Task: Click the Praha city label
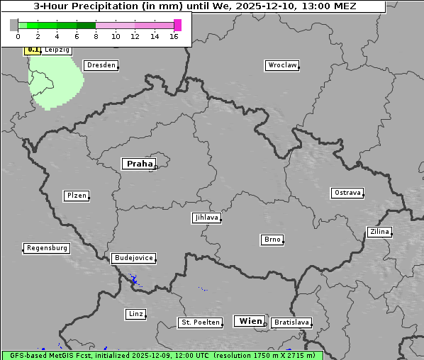pyautogui.click(x=139, y=164)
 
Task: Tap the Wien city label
pyautogui.click(x=250, y=321)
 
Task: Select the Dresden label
pyautogui.click(x=101, y=65)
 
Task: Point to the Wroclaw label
pyautogui.click(x=281, y=65)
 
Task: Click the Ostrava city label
pyautogui.click(x=347, y=193)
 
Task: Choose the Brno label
pyautogui.click(x=272, y=240)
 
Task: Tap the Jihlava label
pyautogui.click(x=206, y=218)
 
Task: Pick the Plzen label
pyautogui.click(x=76, y=196)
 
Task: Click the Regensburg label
pyautogui.click(x=47, y=248)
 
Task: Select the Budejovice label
pyautogui.click(x=133, y=258)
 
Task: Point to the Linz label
pyautogui.click(x=135, y=314)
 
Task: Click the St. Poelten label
pyautogui.click(x=201, y=322)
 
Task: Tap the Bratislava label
pyautogui.click(x=291, y=322)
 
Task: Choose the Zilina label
pyautogui.click(x=379, y=232)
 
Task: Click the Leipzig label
pyautogui.click(x=57, y=50)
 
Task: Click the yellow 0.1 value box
pyautogui.click(x=33, y=50)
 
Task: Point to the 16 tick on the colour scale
pyautogui.click(x=174, y=36)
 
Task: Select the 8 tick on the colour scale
pyautogui.click(x=96, y=36)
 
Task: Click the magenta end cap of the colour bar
pyautogui.click(x=177, y=25)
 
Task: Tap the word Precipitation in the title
pyautogui.click(x=109, y=6)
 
